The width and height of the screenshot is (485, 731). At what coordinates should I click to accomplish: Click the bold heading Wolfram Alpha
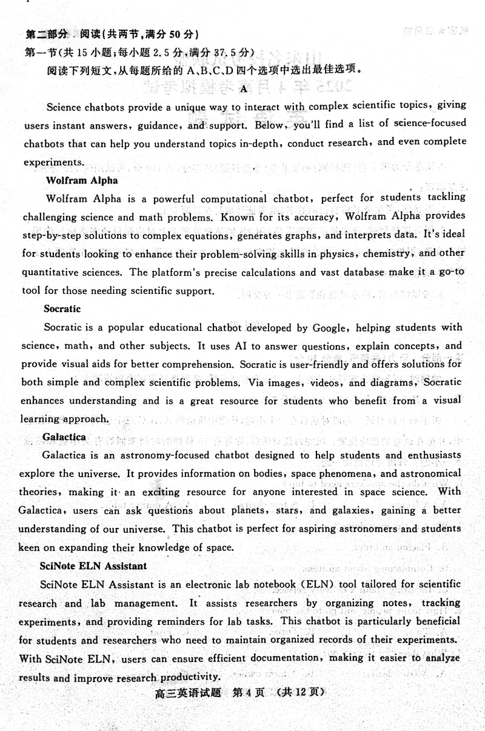(x=82, y=180)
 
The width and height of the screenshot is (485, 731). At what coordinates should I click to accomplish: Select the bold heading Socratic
(x=62, y=309)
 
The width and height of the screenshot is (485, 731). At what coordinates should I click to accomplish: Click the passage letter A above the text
(x=244, y=89)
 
